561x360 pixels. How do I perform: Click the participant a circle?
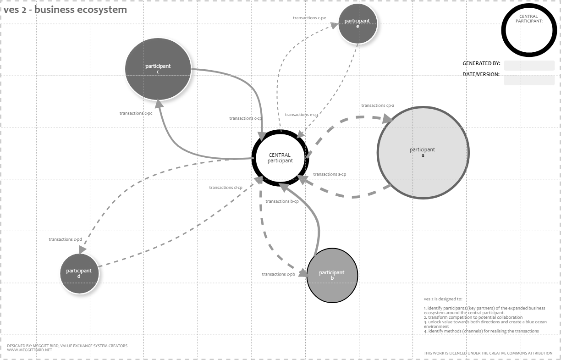[x=423, y=153]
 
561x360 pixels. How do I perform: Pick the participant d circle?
[x=79, y=273]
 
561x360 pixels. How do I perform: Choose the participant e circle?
[x=357, y=23]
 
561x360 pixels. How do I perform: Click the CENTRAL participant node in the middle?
[x=280, y=158]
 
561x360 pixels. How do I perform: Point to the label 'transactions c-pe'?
[x=309, y=18]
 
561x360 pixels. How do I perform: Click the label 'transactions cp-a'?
[x=378, y=105]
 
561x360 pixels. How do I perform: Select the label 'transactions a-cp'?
[x=330, y=174]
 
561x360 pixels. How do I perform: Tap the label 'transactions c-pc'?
[x=136, y=113]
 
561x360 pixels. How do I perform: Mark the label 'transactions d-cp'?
[x=225, y=188]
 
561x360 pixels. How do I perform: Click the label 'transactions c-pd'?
[x=65, y=239]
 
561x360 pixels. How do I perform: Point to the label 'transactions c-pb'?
[x=278, y=274]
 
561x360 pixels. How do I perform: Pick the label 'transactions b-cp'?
[x=282, y=201]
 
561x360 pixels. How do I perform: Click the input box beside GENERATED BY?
[x=529, y=65]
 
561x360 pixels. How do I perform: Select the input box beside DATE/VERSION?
[x=529, y=80]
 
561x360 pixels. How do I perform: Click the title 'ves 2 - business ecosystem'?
[x=66, y=10]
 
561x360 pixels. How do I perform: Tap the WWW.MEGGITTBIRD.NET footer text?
[x=29, y=350]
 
